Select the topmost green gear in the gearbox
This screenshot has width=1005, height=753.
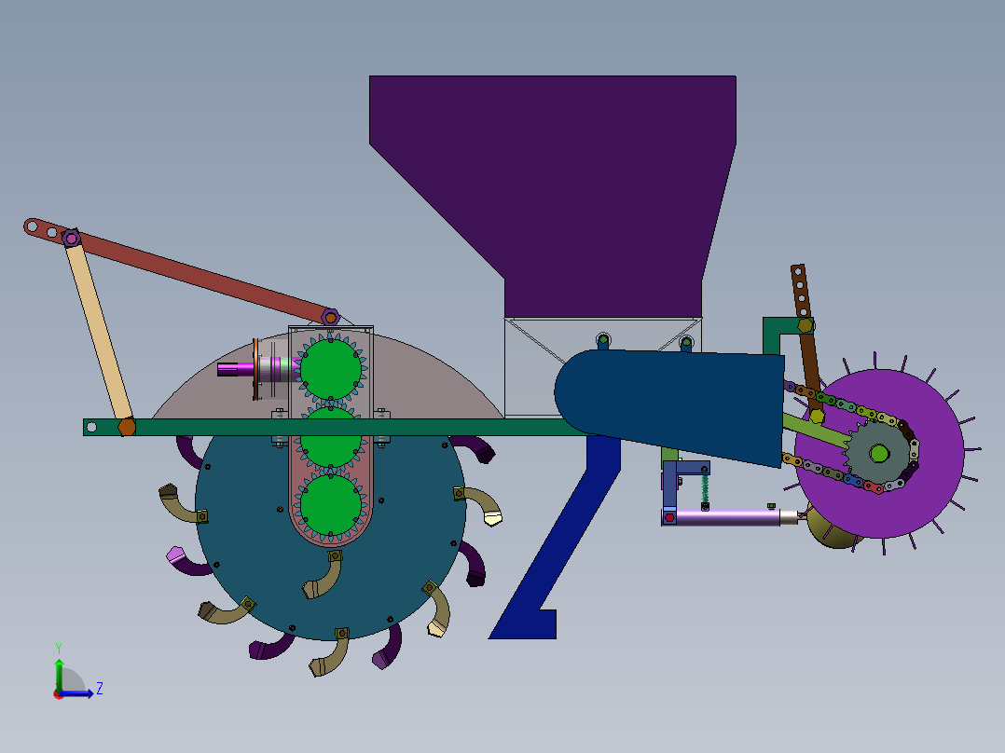[330, 366]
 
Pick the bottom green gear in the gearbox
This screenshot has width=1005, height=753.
[330, 504]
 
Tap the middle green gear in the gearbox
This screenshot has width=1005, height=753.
[330, 438]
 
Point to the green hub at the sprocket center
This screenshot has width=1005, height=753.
[878, 454]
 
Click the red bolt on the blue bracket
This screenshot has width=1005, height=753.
[668, 517]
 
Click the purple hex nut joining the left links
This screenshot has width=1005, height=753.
[71, 238]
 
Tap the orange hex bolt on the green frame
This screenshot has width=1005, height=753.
[127, 427]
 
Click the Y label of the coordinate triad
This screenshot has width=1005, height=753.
[58, 647]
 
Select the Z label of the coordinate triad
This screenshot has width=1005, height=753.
[99, 689]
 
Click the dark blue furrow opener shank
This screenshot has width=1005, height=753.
[559, 550]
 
